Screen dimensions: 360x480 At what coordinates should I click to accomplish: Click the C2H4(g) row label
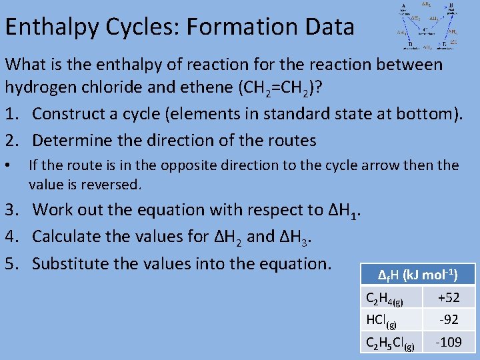385,298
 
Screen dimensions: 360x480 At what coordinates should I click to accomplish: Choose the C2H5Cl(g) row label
390,343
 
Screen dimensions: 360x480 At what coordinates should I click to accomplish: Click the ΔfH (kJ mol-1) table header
417,275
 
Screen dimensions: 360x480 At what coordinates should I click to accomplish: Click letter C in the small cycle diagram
425,30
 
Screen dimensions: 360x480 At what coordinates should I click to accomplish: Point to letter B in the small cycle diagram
451,5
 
